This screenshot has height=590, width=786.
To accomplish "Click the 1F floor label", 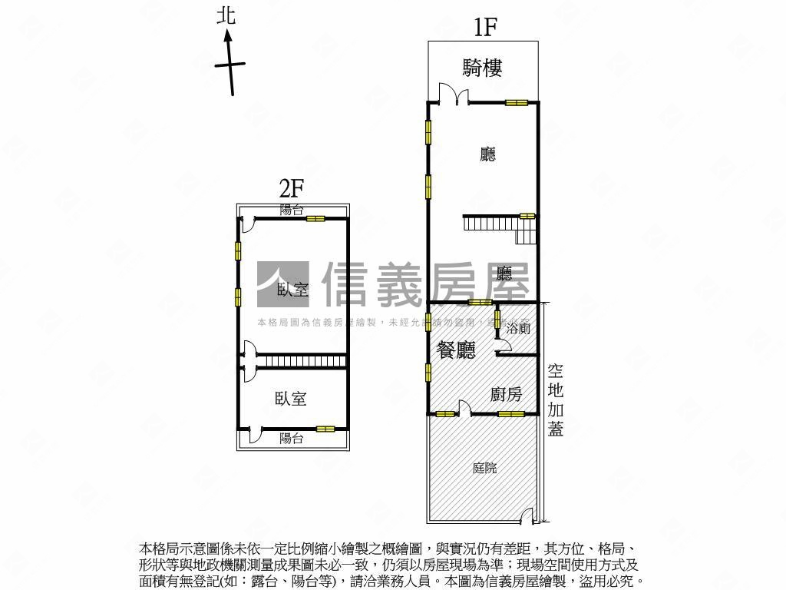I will (x=485, y=28).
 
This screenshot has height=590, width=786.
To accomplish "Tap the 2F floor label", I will (x=292, y=187).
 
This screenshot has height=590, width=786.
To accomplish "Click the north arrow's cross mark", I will (x=230, y=65).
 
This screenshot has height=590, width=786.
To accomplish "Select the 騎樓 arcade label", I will (x=483, y=68).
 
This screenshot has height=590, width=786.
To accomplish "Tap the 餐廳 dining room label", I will (x=456, y=350).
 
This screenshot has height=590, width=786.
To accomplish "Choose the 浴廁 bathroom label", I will (x=519, y=328).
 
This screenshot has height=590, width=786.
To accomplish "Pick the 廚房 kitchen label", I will (x=507, y=394).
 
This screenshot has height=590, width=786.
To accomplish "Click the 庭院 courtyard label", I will (x=484, y=467).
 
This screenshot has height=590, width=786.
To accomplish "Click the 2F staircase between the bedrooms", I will (x=299, y=361).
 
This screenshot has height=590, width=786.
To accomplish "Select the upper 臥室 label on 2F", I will (x=292, y=290).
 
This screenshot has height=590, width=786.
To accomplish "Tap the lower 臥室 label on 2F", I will (x=291, y=398).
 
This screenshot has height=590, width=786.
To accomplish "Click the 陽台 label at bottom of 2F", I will (x=291, y=439).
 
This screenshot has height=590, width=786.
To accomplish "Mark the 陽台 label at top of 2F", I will (x=291, y=209).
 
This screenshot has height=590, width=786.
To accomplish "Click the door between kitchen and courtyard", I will (x=464, y=408).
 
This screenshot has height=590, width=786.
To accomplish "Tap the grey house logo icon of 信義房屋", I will (x=282, y=285).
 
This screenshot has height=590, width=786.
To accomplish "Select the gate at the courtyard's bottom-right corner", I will (x=528, y=520).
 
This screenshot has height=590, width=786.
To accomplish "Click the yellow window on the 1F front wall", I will (x=516, y=102).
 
